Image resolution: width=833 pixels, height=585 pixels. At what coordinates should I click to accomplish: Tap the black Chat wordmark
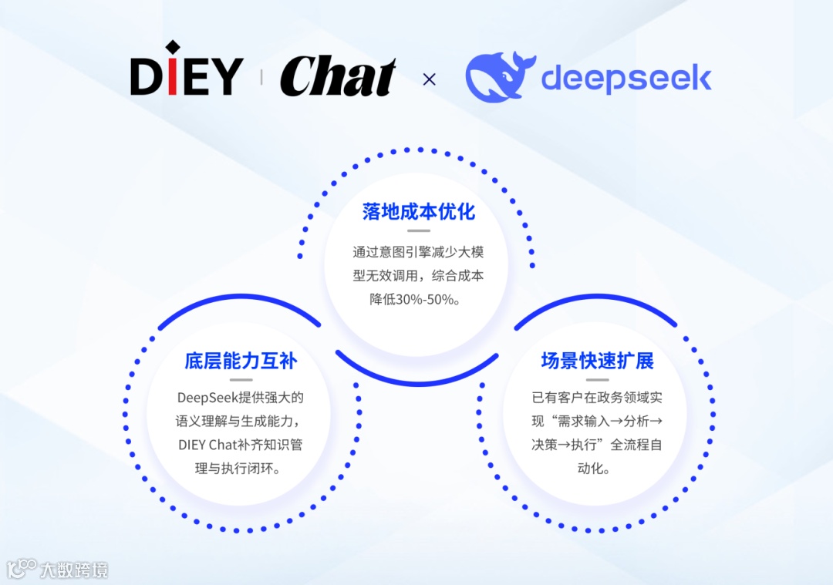point(338,78)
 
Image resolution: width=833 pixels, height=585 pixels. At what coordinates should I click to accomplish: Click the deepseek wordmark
point(626,79)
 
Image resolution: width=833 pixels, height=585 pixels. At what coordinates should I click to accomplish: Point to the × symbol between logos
point(430,79)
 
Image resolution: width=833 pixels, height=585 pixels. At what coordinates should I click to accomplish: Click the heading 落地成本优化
point(419,212)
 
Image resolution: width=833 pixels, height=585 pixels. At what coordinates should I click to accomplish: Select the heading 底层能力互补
point(241,361)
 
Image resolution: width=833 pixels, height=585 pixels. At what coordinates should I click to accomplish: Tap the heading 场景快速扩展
point(598,361)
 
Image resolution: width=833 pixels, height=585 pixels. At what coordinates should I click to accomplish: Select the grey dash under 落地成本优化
point(419,230)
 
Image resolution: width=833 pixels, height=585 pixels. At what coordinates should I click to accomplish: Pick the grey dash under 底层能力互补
point(241,379)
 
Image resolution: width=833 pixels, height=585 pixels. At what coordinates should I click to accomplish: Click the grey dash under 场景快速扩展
point(598,379)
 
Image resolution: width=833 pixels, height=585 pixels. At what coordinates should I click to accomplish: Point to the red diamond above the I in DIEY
point(173,49)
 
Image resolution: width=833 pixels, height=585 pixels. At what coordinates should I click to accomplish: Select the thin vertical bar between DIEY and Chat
point(261,77)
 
